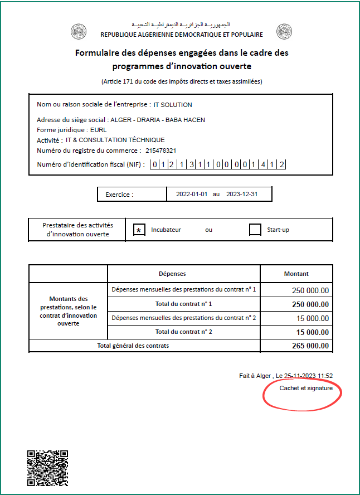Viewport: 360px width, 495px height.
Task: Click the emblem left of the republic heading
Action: coord(79,32)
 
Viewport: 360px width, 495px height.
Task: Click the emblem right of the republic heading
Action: coord(284,32)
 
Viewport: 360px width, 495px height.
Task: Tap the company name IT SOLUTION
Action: coord(173,104)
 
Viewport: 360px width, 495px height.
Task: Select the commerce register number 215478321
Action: coord(161,151)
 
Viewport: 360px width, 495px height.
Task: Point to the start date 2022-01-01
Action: coord(192,195)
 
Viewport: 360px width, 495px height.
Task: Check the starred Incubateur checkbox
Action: coord(140,230)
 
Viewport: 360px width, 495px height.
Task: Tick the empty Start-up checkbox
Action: coord(255,230)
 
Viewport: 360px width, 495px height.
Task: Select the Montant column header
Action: coord(296,274)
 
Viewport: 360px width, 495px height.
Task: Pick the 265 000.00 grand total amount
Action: coord(310,346)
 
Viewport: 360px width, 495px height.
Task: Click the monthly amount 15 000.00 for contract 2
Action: coord(313,318)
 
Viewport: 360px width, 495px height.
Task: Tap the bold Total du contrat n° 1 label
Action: coord(184,304)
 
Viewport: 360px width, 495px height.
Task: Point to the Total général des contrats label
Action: coord(133,346)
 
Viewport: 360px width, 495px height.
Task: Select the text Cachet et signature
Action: coord(306,388)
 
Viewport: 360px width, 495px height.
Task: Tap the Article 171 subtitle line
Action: coord(181,81)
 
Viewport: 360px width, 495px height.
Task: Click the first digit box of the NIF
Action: coord(154,164)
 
